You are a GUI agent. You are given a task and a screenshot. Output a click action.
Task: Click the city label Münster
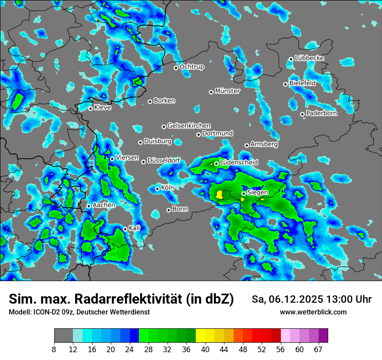pyautogui.click(x=227, y=91)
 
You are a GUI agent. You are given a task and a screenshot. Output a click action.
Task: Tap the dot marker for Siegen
pyautogui.click(x=244, y=193)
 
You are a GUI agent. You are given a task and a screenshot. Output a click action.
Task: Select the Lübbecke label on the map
pyautogui.click(x=309, y=58)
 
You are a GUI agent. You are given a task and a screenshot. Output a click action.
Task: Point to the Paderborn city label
pyautogui.click(x=321, y=114)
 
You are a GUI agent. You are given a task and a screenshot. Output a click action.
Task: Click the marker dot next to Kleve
pyautogui.click(x=90, y=108)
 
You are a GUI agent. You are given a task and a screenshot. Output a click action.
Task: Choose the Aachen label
pyautogui.click(x=104, y=205)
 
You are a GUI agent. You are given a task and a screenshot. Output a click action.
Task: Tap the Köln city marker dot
pyautogui.click(x=157, y=189)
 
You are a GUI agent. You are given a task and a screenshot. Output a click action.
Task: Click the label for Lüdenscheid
pyautogui.click(x=239, y=163)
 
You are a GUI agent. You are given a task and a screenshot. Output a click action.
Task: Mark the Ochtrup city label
pyautogui.click(x=191, y=67)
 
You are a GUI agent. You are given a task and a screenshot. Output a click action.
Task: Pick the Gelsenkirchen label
pyautogui.click(x=189, y=126)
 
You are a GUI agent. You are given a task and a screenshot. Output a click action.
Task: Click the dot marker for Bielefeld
pyautogui.click(x=285, y=84)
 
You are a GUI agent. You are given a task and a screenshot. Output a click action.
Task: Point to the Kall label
pyautogui.click(x=134, y=228)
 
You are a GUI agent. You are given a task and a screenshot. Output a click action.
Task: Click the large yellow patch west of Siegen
pyautogui.click(x=220, y=194)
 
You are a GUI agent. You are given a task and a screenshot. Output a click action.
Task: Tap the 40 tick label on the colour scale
pyautogui.click(x=205, y=350)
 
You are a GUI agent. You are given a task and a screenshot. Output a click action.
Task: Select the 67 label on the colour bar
pyautogui.click(x=318, y=350)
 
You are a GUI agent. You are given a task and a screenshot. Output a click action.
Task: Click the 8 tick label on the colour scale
pyautogui.click(x=54, y=350)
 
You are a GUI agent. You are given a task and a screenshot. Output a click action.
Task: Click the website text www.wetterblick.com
pyautogui.click(x=313, y=312)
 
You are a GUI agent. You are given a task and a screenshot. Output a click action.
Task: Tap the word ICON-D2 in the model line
pyautogui.click(x=44, y=312)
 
